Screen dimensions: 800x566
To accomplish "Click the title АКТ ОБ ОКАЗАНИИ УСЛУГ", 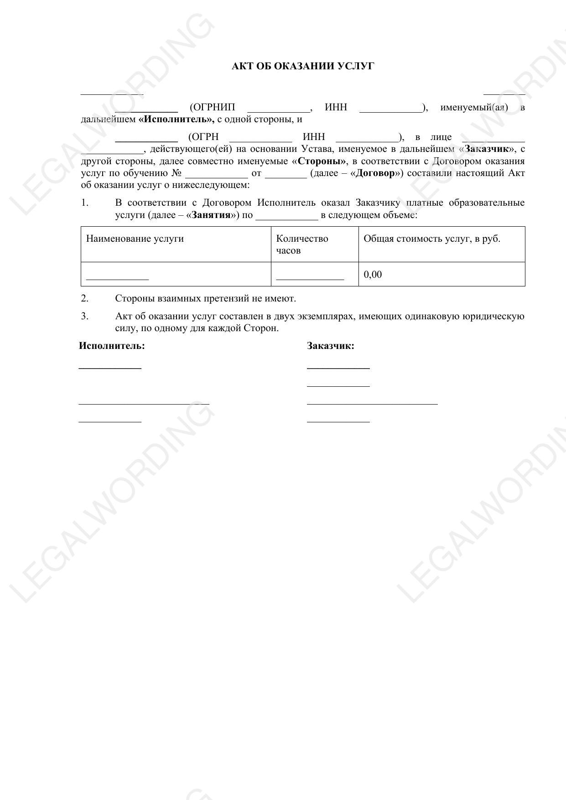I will tap(303, 67).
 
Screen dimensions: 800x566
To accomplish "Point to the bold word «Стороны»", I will tap(319, 161).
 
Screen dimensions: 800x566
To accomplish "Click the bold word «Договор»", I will tap(374, 173).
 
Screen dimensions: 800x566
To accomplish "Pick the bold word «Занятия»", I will tap(211, 215).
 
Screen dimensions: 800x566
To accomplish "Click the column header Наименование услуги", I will tap(135, 239).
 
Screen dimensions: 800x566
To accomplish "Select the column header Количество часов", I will tap(302, 244).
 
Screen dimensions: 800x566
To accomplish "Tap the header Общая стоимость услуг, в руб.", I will tap(431, 239).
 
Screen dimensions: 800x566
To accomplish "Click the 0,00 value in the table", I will tap(373, 275).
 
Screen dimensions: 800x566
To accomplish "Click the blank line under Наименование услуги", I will tap(118, 277).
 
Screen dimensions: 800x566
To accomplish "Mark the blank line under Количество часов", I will tap(310, 277).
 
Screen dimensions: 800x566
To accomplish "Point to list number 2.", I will tap(85, 299).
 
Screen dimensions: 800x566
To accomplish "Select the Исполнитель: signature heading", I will tap(112, 346).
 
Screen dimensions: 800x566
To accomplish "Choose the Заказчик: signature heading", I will tap(331, 346).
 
